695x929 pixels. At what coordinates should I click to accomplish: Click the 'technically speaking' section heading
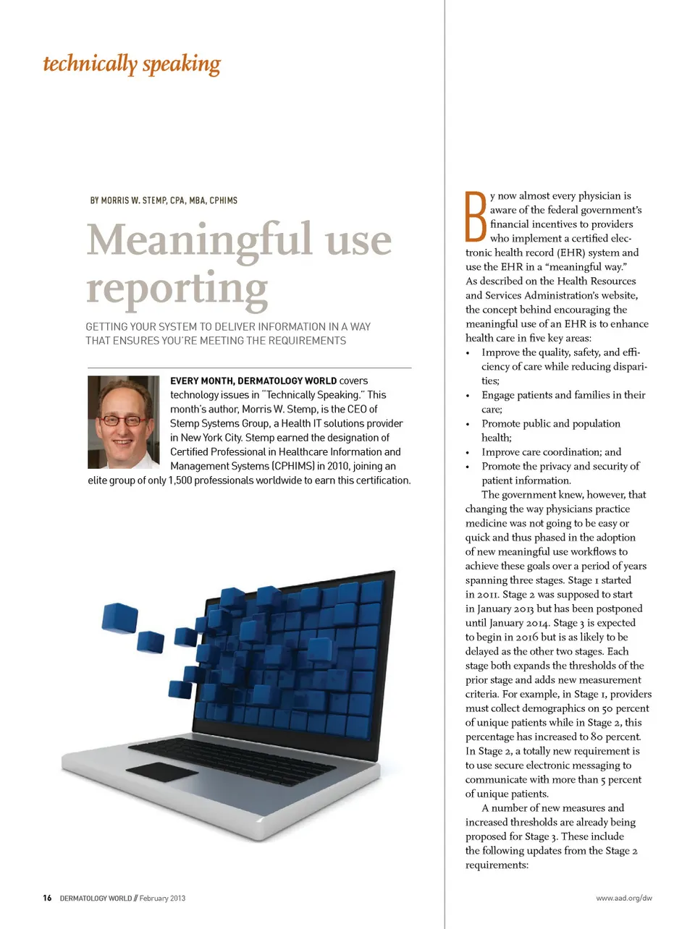[x=132, y=64]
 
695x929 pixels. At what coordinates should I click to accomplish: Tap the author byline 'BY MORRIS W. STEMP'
[x=164, y=200]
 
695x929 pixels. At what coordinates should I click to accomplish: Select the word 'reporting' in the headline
[x=177, y=289]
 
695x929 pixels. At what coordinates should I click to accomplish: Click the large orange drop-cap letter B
[x=475, y=216]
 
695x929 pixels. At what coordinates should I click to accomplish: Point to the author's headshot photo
[x=123, y=422]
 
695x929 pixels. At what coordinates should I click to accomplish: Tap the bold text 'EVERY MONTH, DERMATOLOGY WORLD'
[x=253, y=381]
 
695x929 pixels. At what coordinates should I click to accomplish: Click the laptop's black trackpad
[x=162, y=771]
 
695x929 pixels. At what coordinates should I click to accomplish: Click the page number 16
[x=47, y=898]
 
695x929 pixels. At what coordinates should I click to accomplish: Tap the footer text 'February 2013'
[x=162, y=898]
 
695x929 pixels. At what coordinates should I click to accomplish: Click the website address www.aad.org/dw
[x=623, y=898]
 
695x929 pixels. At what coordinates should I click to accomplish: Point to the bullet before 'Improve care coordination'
[x=468, y=453]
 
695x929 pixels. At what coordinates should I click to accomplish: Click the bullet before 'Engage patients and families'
[x=468, y=396]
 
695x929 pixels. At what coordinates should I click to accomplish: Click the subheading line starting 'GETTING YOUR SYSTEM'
[x=228, y=327]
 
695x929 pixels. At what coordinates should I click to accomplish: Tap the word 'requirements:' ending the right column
[x=497, y=865]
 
